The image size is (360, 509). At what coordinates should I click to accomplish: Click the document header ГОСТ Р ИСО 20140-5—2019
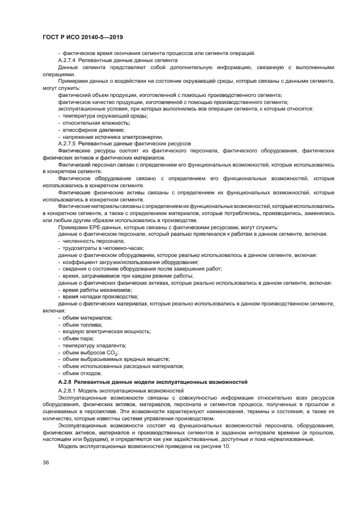[x=82, y=38]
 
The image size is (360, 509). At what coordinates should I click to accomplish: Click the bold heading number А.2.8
[x=68, y=383]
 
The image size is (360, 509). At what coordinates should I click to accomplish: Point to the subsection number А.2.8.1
[x=70, y=391]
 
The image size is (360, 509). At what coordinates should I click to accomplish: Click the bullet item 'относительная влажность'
[x=90, y=122]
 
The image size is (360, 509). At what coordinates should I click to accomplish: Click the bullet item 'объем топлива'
[x=82, y=324]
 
